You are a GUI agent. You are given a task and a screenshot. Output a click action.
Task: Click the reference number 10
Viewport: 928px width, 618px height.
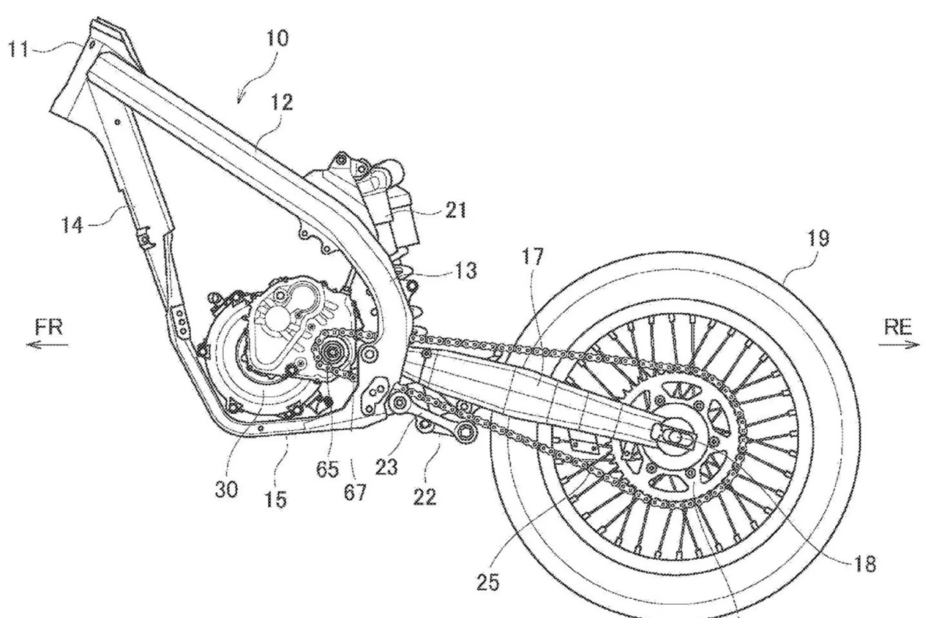pos(277,38)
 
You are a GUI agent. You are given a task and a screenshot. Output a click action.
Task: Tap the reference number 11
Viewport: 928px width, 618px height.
pos(18,49)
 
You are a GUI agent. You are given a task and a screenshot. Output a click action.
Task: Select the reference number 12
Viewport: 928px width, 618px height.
pos(281,102)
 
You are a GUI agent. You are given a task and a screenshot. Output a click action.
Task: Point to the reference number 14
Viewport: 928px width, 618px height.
pos(72,225)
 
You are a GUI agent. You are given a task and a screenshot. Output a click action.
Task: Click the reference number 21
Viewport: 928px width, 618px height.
pos(455,210)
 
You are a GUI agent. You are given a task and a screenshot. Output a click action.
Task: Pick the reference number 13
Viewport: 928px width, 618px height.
pos(465,270)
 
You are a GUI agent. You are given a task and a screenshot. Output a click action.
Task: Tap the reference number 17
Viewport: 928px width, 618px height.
pos(532,256)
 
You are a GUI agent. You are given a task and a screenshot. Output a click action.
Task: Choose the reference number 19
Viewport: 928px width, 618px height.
pos(818,238)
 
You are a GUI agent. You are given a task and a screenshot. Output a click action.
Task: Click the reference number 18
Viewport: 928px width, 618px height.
pos(865,563)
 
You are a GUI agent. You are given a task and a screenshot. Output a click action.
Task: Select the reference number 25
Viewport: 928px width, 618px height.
pos(488,583)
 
